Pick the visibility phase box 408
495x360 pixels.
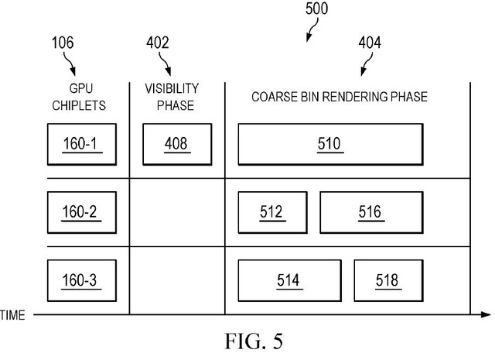[x=176, y=144]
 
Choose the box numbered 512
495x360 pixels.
[x=271, y=212]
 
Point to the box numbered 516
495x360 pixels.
[x=369, y=212]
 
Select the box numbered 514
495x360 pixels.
[x=288, y=280]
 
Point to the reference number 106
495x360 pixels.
[x=63, y=43]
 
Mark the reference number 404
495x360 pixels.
[x=369, y=43]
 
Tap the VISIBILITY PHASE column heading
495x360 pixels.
[x=172, y=97]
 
